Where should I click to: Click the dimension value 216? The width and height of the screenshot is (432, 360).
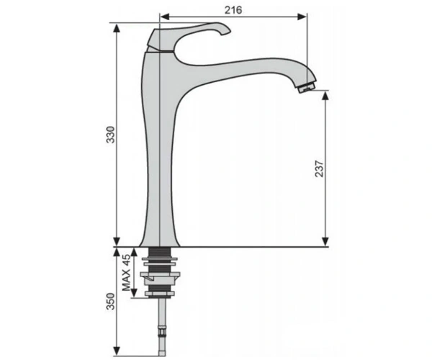point(233,10)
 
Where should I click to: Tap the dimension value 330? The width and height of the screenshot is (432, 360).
point(110,135)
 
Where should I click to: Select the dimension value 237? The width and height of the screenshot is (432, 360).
point(319,168)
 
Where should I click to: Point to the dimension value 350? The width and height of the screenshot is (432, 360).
point(110,302)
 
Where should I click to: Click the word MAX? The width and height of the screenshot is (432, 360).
point(126,280)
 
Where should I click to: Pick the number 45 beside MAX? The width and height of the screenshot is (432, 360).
point(126,260)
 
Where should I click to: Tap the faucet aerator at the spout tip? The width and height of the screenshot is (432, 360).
point(307,87)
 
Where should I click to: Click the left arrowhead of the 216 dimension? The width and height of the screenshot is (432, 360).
point(165,17)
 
